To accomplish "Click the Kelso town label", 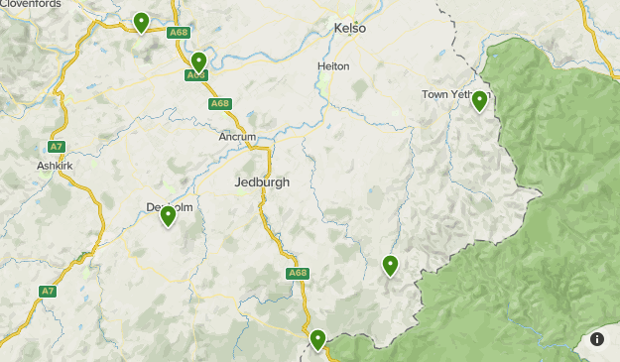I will click(x=349, y=28).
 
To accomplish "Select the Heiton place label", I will click(x=333, y=66).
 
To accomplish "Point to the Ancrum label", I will click(x=238, y=137).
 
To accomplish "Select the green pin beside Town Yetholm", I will click(x=480, y=100).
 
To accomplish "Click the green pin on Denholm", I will click(x=168, y=214).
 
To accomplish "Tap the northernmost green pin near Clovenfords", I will click(x=142, y=22).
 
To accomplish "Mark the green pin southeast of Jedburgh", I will click(x=391, y=265).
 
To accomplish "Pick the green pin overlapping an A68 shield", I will click(x=198, y=62).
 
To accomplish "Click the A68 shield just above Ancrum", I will click(x=219, y=104).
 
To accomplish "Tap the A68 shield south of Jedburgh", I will click(x=298, y=273).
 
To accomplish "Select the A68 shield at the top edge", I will click(x=179, y=33).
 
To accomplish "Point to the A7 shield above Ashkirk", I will click(x=57, y=147).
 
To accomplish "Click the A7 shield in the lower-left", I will click(x=48, y=292).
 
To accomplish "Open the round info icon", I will click(x=597, y=339).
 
